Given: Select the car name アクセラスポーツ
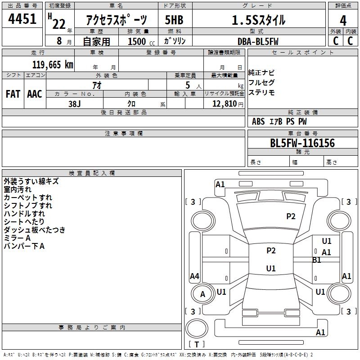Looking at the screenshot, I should tap(117, 20).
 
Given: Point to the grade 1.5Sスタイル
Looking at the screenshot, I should tap(258, 20).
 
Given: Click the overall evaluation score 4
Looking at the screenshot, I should tap(343, 20).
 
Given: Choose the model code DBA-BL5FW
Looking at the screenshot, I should tap(258, 41).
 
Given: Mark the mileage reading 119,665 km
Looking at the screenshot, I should tap(53, 64).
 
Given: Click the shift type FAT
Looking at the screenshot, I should tap(13, 94).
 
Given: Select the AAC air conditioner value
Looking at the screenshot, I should tap(35, 94).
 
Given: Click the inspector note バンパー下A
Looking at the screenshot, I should tap(24, 246).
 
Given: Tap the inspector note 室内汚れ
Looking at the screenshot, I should tap(18, 189).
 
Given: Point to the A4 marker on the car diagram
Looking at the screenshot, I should tap(194, 276).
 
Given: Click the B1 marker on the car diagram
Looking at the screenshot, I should tap(317, 260).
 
